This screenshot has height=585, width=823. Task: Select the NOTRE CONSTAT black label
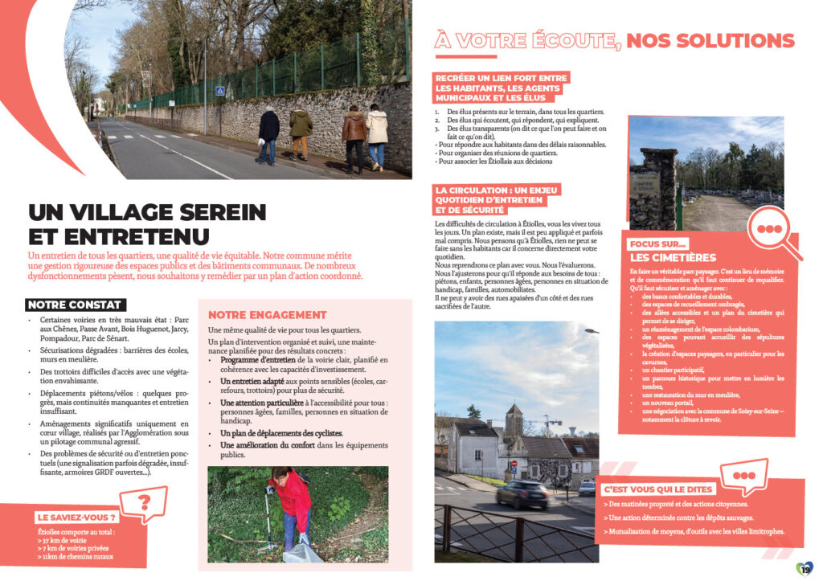(74, 305)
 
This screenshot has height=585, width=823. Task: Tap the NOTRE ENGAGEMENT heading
(268, 314)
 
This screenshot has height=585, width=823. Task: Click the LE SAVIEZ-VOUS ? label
(77, 517)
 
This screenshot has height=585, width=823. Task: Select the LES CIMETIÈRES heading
(673, 257)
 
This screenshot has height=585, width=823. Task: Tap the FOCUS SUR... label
(659, 243)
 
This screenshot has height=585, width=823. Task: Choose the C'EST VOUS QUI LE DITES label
(657, 489)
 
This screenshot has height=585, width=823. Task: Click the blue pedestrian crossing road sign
(219, 92)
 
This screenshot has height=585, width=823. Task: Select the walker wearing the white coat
(377, 137)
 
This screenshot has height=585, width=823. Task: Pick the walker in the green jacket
(300, 133)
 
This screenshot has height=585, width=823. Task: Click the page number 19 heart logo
(805, 569)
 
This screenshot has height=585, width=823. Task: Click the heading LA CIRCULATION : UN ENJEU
(496, 190)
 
